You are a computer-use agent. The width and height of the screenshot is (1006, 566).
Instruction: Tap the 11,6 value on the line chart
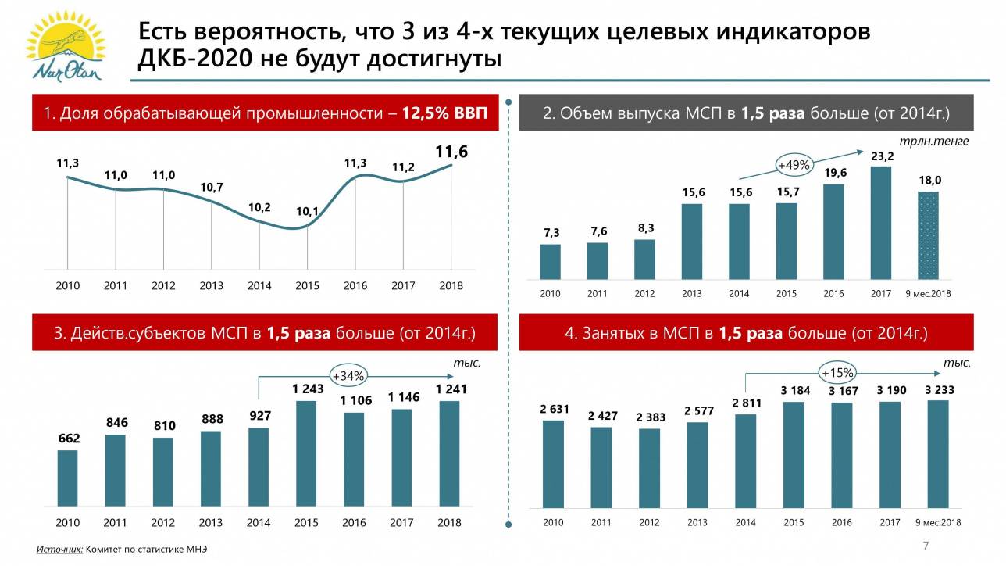(x=452, y=152)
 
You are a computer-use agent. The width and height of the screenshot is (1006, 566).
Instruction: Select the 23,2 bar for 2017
(x=881, y=223)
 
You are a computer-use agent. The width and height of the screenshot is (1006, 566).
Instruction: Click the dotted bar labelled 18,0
(x=928, y=235)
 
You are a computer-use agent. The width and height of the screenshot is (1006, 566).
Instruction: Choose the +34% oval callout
(x=348, y=376)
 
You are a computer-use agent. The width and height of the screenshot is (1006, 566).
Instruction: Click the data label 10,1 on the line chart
(x=307, y=211)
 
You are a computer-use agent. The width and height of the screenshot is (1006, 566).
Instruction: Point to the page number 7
(x=926, y=545)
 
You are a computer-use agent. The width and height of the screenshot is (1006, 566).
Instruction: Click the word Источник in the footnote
(x=59, y=550)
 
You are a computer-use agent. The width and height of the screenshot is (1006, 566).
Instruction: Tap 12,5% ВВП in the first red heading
(x=444, y=113)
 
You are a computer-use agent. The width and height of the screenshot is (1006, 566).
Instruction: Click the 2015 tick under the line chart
(x=308, y=286)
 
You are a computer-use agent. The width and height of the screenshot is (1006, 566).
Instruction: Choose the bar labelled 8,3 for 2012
(x=644, y=260)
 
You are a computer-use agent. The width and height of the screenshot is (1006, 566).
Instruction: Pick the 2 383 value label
(x=651, y=417)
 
